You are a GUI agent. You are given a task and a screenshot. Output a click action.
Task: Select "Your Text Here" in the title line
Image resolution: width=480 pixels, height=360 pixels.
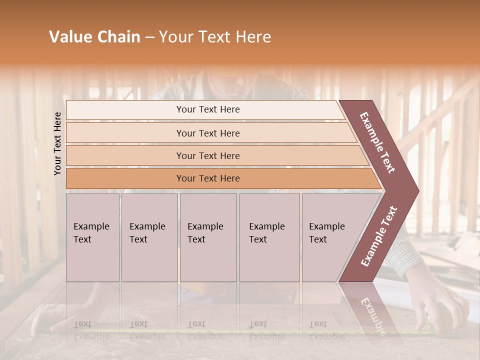click(x=215, y=37)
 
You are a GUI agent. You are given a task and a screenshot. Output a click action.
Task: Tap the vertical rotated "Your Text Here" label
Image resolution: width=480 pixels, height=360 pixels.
click(x=57, y=144)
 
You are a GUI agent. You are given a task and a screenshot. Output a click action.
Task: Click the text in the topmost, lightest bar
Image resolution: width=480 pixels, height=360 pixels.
click(x=208, y=109)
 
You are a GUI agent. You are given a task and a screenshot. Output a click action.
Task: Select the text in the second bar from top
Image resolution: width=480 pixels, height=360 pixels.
click(x=208, y=133)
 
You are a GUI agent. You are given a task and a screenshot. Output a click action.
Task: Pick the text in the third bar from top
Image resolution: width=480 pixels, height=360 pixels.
click(x=208, y=156)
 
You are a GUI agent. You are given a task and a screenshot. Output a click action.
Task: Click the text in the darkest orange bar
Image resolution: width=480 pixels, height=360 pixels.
click(x=208, y=178)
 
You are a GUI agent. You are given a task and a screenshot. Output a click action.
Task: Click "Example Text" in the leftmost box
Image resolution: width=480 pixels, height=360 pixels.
click(x=91, y=233)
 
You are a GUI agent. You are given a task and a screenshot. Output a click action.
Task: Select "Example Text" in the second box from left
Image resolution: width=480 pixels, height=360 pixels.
click(x=147, y=233)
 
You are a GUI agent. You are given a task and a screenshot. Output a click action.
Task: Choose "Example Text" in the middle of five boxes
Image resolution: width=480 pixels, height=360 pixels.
click(x=205, y=233)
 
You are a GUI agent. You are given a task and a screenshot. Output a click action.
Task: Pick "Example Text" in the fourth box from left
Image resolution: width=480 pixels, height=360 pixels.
click(x=266, y=233)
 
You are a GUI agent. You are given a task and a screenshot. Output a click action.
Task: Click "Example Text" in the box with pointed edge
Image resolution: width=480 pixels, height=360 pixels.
click(x=326, y=233)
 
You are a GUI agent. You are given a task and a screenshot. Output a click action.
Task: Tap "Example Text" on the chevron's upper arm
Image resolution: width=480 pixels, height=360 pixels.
click(x=377, y=142)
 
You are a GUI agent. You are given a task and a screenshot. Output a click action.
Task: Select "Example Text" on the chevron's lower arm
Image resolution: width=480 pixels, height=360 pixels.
click(x=379, y=236)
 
